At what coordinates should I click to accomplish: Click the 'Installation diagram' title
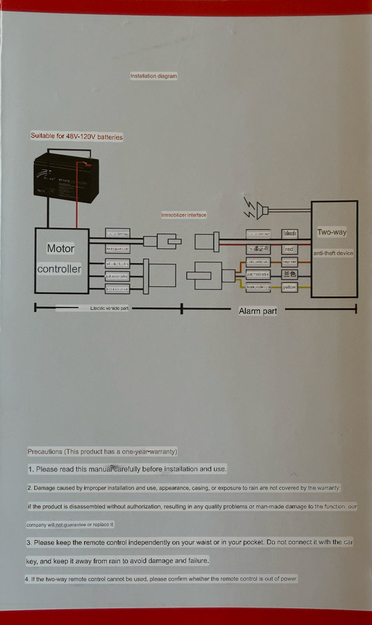(154, 76)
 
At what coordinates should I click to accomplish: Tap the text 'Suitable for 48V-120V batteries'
(77, 137)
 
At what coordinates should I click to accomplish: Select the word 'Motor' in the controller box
(61, 249)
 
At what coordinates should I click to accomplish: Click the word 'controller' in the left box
(59, 269)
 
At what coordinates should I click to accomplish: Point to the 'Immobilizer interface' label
(183, 215)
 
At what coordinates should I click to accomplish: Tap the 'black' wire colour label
(290, 234)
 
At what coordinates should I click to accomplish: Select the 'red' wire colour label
(289, 250)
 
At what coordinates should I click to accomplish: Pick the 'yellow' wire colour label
(289, 288)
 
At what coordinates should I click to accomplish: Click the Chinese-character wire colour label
(290, 274)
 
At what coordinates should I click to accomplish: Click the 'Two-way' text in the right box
(332, 232)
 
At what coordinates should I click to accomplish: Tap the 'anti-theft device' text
(333, 254)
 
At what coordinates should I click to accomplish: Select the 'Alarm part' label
(258, 311)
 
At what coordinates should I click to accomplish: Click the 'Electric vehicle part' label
(109, 308)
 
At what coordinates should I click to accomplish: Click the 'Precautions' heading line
(102, 452)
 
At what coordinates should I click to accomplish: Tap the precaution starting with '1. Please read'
(128, 469)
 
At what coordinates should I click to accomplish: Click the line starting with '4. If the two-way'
(161, 579)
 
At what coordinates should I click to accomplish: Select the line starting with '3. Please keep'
(190, 543)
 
